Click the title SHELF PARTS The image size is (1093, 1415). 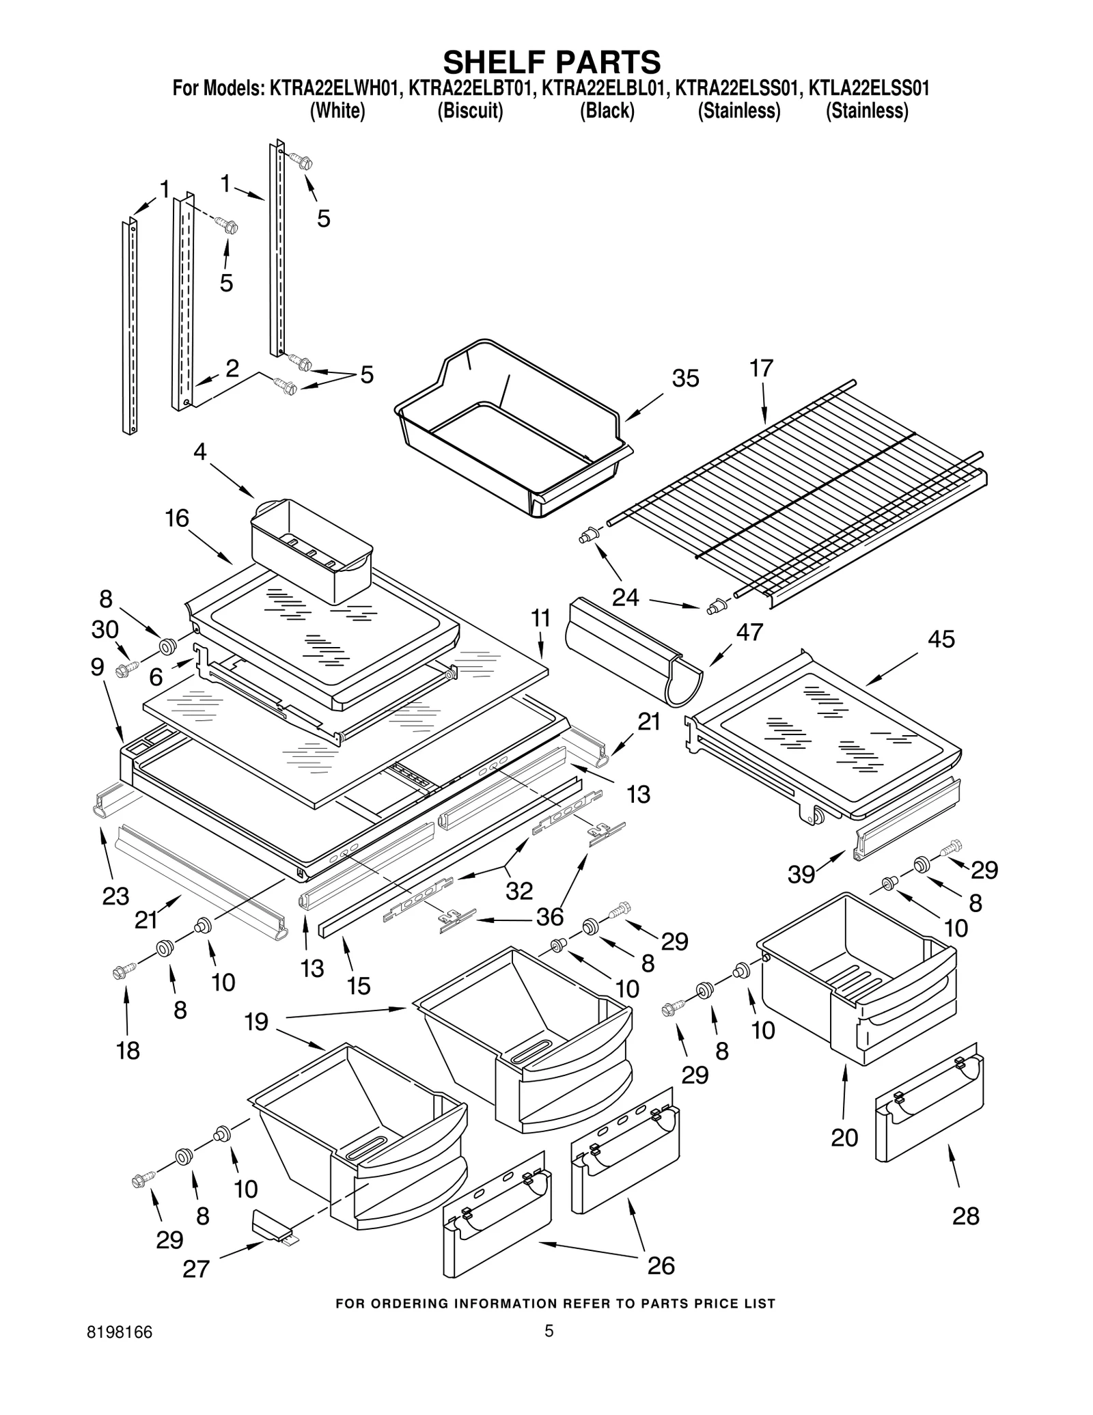(552, 61)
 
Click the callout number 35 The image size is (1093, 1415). (685, 379)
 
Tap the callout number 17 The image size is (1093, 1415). (761, 368)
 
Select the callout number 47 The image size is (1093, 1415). (749, 632)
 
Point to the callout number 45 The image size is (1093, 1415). (941, 640)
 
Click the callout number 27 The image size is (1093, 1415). (196, 1269)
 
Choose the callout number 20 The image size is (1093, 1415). (844, 1138)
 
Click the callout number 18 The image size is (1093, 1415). (128, 1050)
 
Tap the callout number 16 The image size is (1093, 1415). (177, 519)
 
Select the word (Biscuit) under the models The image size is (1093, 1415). (470, 111)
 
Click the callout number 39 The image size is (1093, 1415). (801, 874)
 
